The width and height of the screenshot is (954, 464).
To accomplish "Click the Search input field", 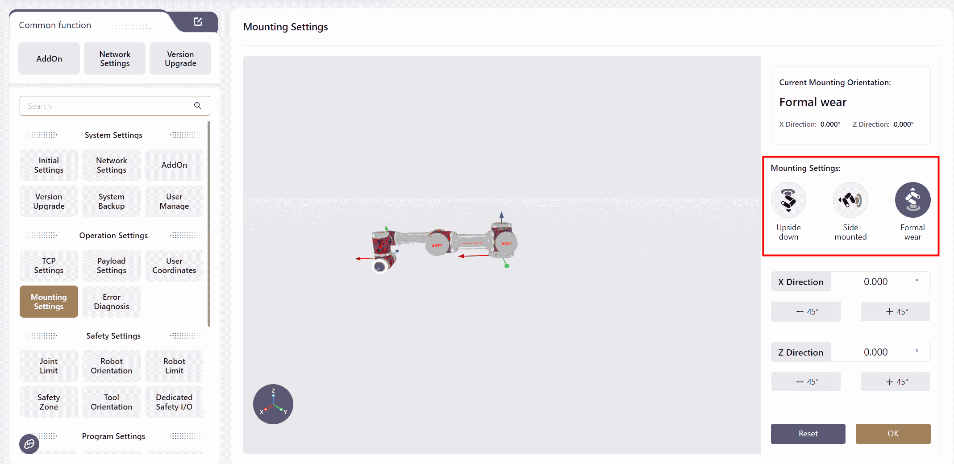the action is [115, 106].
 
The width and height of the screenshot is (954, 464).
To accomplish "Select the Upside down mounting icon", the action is [788, 199].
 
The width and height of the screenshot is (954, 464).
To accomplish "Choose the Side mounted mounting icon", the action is [850, 199].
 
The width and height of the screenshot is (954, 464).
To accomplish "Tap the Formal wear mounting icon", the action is [912, 199].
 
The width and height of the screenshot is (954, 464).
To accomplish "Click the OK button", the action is [893, 434].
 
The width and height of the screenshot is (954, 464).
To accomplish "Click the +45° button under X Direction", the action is [896, 311].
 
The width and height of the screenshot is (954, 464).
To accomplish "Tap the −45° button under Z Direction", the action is [806, 382].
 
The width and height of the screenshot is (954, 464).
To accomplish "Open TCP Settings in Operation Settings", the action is [49, 265].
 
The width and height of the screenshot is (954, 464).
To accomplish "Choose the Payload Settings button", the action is [112, 265].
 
